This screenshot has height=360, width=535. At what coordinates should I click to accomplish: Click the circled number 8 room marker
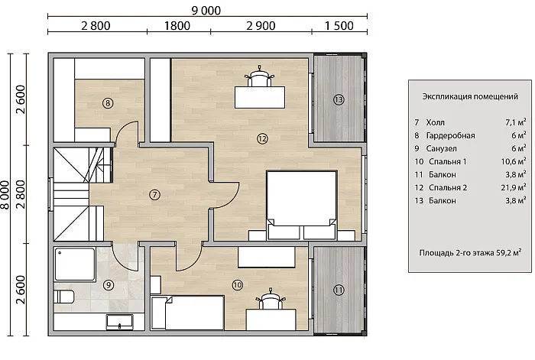pos(108,102)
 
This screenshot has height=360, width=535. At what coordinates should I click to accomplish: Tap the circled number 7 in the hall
pos(154,194)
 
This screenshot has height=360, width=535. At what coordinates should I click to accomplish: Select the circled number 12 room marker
pos(262,138)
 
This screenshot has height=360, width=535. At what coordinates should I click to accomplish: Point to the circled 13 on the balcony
pos(339,99)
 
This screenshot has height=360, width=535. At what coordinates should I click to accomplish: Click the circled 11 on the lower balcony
pos(339,290)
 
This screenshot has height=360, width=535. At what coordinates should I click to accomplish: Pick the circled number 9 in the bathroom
pos(109,284)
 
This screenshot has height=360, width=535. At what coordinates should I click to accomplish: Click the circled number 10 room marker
pos(237,284)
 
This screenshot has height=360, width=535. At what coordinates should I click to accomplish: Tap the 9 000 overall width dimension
pos(206,11)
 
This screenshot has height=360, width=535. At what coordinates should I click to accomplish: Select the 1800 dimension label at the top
pos(177,25)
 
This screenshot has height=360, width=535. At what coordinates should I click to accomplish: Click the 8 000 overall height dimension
pos(5,195)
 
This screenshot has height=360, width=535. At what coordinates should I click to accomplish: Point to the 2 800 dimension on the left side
pos(21,194)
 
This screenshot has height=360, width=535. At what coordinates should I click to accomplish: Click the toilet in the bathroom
pos(63,297)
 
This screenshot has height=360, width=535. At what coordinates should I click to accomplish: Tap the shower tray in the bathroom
pos(75,264)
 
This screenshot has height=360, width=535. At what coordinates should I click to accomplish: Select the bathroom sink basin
pos(119,322)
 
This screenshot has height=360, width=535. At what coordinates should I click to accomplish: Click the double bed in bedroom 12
pos(302,205)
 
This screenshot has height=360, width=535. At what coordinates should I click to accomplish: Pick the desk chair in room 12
pos(259,76)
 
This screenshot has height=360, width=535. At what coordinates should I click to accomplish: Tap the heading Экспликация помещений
pos(470,96)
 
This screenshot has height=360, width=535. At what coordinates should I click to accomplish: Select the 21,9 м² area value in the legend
pos(514,187)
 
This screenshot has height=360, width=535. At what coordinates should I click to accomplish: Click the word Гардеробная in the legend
pos(450,135)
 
